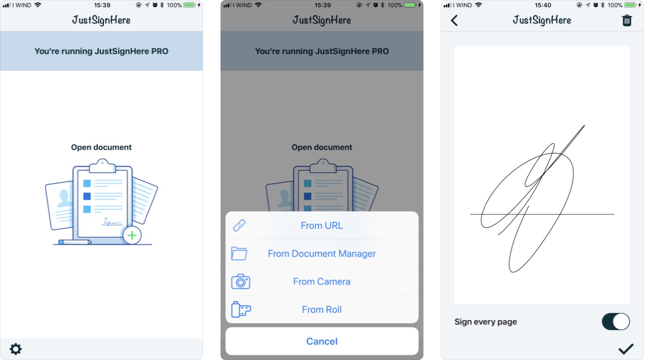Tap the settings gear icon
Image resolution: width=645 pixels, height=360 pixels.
15,349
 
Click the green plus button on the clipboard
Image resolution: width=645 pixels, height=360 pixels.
132,236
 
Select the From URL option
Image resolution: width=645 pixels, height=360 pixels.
322,225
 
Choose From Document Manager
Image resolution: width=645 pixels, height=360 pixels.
322,254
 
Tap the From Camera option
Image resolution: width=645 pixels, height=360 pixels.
322,281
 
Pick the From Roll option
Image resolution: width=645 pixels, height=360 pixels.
322,310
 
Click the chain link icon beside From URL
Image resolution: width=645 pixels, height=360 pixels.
239,225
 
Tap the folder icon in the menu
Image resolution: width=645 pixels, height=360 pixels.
239,254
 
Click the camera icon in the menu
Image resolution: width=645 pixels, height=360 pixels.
240,281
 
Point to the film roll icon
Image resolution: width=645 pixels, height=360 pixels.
241,309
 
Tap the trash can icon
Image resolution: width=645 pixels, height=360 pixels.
626,20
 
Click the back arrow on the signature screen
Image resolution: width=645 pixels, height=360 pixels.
454,20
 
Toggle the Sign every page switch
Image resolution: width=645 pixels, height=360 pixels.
615,322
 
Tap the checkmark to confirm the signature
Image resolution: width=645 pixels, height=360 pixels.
626,349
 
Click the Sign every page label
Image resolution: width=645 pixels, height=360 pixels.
485,322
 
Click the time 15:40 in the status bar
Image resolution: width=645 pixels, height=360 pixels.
543,5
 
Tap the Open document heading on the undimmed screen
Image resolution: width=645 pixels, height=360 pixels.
101,147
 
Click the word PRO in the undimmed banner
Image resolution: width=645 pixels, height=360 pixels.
160,51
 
